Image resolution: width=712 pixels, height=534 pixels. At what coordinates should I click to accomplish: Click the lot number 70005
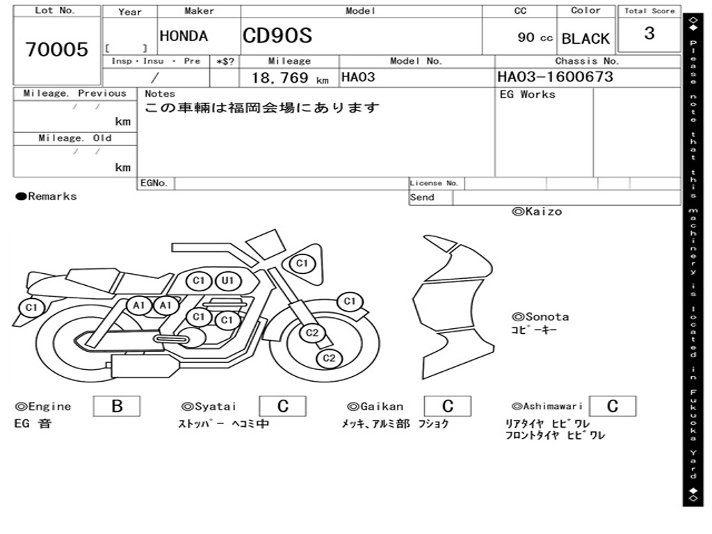tap(56, 49)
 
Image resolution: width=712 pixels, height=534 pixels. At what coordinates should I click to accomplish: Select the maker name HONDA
tap(184, 36)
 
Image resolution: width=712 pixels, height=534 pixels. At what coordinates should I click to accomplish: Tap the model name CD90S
tap(277, 35)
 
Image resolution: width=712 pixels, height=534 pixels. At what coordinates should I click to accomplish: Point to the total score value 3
tap(649, 33)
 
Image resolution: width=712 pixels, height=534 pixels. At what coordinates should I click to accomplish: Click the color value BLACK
tap(585, 39)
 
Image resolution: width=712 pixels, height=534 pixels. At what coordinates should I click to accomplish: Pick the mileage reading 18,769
tap(280, 78)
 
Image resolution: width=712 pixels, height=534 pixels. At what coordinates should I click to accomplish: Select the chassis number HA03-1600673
tap(555, 76)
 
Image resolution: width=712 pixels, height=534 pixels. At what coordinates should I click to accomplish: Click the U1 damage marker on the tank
tap(227, 281)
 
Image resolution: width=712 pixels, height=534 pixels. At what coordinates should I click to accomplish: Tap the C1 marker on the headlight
tap(302, 264)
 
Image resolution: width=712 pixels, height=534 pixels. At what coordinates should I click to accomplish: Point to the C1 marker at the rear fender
tap(31, 307)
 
